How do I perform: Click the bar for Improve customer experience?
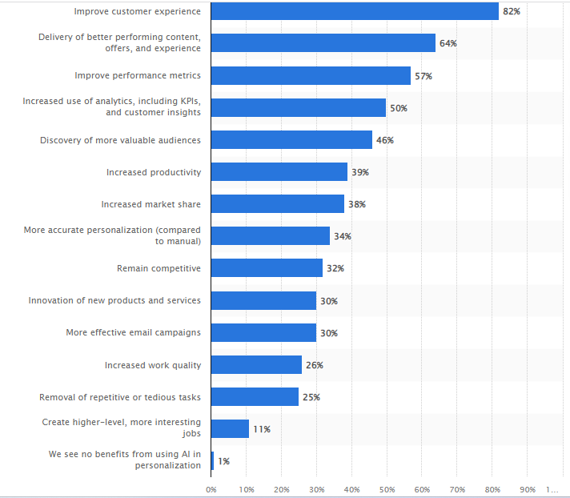[x=355, y=11]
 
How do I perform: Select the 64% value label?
[x=448, y=43]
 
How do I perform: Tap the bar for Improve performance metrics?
[x=311, y=75]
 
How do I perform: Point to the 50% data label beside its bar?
[x=398, y=108]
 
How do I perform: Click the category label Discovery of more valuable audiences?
[x=120, y=140]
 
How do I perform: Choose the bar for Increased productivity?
[x=279, y=172]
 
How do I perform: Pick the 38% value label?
[x=356, y=204]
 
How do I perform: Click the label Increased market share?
[x=151, y=204]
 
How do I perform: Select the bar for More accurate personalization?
[x=271, y=236]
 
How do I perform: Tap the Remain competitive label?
[x=159, y=268]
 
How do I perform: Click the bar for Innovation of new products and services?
[x=263, y=300]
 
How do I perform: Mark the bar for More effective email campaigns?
[x=263, y=332]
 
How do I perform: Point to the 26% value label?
[x=314, y=365]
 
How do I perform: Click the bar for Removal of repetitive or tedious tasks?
[x=255, y=397]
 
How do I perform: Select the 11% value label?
[x=261, y=429]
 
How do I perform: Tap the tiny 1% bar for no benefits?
[x=213, y=461]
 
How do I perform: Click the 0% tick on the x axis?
[x=211, y=488]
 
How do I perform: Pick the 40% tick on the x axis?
[x=352, y=488]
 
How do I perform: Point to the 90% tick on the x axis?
[x=528, y=488]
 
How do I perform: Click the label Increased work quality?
[x=152, y=365]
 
